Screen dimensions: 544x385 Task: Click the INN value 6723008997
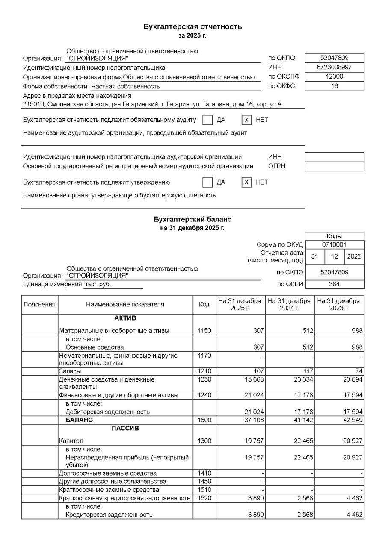(x=335, y=68)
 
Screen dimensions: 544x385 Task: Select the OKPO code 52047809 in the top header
(x=335, y=58)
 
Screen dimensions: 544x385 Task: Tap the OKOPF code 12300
(x=335, y=77)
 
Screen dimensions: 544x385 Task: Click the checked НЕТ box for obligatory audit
(x=246, y=120)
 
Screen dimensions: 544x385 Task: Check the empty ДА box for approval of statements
(x=207, y=182)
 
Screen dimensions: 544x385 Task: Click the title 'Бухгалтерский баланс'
(x=192, y=219)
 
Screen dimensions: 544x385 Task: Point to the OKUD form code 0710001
(x=335, y=245)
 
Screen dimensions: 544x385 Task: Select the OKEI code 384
(x=335, y=284)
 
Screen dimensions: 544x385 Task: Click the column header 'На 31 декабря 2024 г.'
(x=289, y=304)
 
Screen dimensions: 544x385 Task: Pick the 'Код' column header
(x=204, y=305)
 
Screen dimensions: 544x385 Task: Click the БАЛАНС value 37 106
(x=254, y=420)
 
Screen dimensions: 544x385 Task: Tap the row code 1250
(x=204, y=379)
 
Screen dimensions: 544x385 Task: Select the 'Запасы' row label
(x=70, y=371)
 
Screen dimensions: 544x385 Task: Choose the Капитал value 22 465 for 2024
(x=302, y=441)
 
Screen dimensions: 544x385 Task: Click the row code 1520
(x=204, y=498)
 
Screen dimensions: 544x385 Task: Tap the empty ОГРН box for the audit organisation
(x=335, y=166)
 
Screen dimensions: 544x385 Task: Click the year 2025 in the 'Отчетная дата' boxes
(x=354, y=257)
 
